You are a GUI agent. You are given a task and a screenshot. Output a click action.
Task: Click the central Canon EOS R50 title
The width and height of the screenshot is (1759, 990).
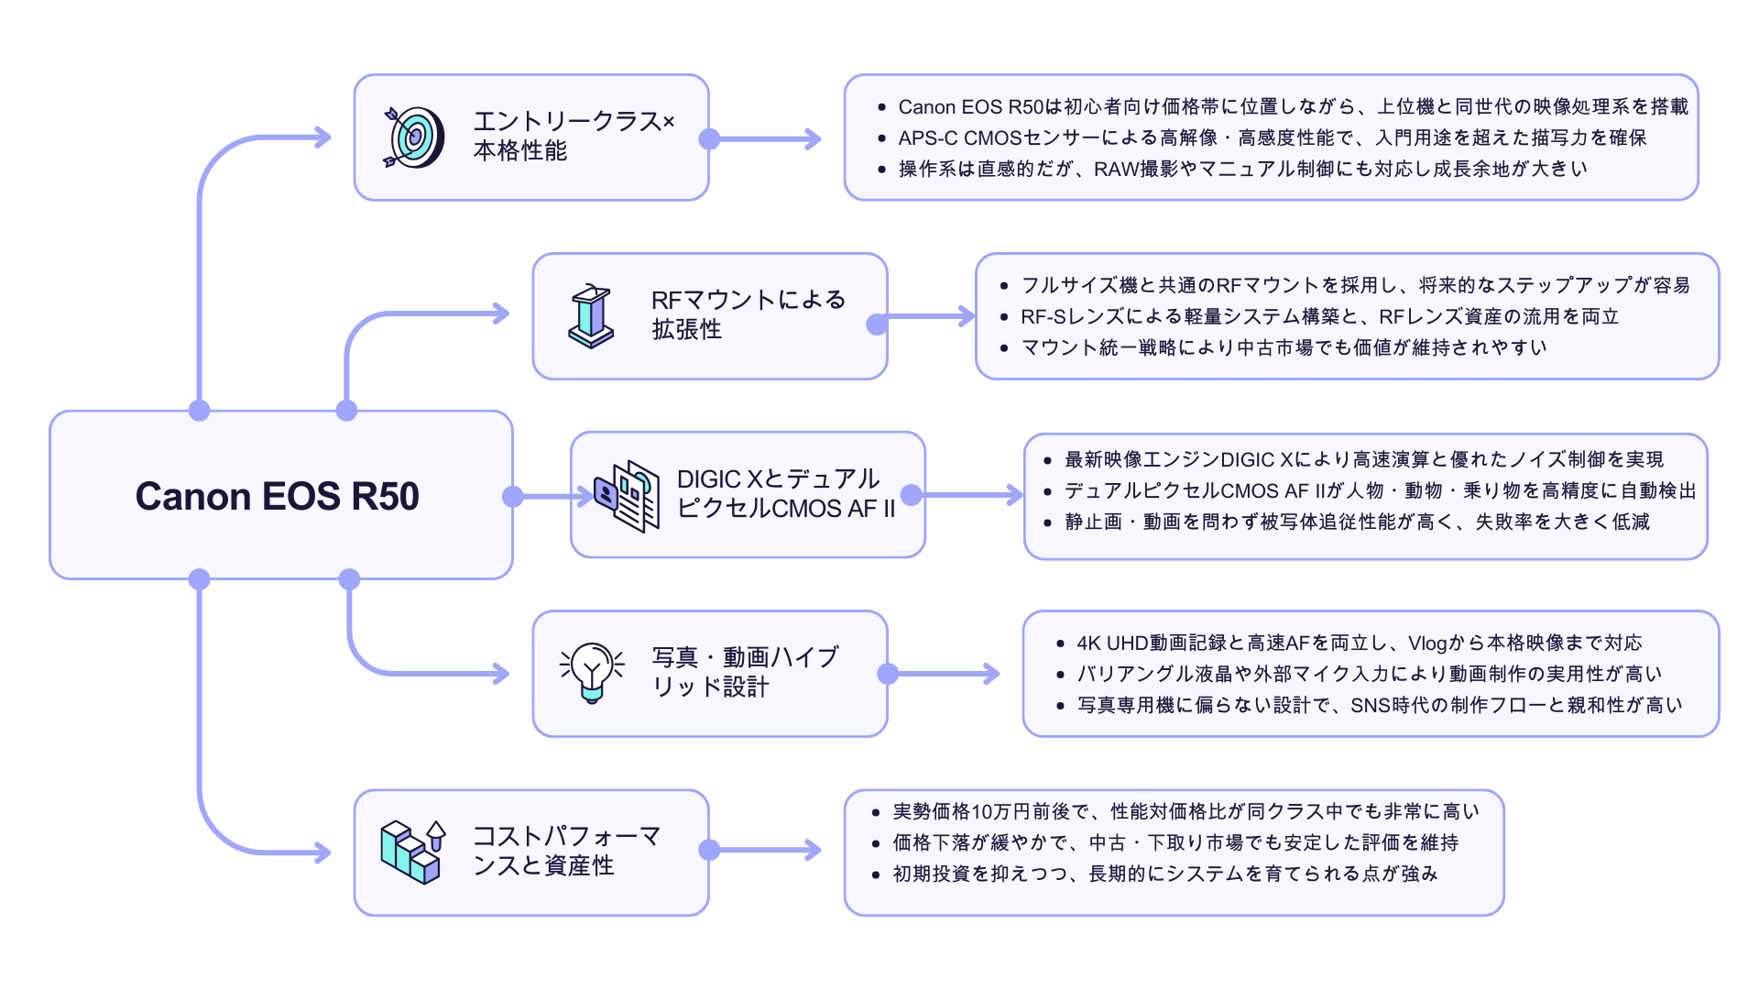pyautogui.click(x=277, y=496)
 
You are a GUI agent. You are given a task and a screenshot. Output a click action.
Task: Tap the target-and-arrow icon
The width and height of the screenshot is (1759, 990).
pyautogui.click(x=414, y=137)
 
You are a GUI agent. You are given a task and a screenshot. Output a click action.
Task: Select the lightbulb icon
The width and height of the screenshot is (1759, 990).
pyautogui.click(x=592, y=672)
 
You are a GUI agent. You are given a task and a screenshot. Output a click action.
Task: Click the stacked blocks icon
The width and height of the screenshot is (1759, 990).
pyautogui.click(x=412, y=852)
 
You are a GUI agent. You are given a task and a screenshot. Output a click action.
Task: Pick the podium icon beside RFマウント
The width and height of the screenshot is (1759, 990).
pyautogui.click(x=591, y=316)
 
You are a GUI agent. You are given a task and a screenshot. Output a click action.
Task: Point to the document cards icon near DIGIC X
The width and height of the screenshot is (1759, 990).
pyautogui.click(x=628, y=496)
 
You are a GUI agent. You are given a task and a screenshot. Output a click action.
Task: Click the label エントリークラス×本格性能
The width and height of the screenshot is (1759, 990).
pyautogui.click(x=573, y=136)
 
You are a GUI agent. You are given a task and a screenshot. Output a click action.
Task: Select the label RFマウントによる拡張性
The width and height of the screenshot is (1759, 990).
pyautogui.click(x=747, y=314)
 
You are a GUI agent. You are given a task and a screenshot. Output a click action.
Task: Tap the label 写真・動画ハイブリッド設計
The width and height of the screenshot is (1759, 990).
pyautogui.click(x=744, y=672)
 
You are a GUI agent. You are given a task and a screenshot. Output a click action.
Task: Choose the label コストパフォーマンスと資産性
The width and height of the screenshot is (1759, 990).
pyautogui.click(x=565, y=851)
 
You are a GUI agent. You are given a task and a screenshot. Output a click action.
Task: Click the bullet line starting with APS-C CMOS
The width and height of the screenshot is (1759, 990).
pyautogui.click(x=1272, y=137)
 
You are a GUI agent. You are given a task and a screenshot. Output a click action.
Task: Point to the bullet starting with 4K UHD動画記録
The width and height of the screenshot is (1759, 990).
pyautogui.click(x=1359, y=643)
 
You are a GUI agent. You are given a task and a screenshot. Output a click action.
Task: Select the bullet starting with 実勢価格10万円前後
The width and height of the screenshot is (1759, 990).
pyautogui.click(x=1185, y=811)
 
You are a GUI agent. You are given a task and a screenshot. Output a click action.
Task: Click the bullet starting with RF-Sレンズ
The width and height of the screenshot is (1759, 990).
pyautogui.click(x=1319, y=316)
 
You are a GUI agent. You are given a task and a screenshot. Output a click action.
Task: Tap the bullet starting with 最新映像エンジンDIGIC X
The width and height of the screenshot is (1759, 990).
pyautogui.click(x=1363, y=459)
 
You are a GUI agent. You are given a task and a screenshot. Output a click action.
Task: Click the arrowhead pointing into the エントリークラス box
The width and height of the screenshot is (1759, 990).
pyautogui.click(x=322, y=137)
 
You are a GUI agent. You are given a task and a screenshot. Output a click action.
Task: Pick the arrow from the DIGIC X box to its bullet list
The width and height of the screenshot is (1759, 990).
pyautogui.click(x=971, y=495)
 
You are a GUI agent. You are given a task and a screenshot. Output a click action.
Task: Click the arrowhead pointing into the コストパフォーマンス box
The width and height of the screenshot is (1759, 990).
pyautogui.click(x=322, y=852)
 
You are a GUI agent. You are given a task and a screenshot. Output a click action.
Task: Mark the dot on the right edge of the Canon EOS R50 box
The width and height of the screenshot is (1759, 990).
pyautogui.click(x=513, y=496)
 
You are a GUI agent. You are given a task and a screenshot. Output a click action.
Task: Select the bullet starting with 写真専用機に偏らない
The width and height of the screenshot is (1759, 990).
pyautogui.click(x=1379, y=705)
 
